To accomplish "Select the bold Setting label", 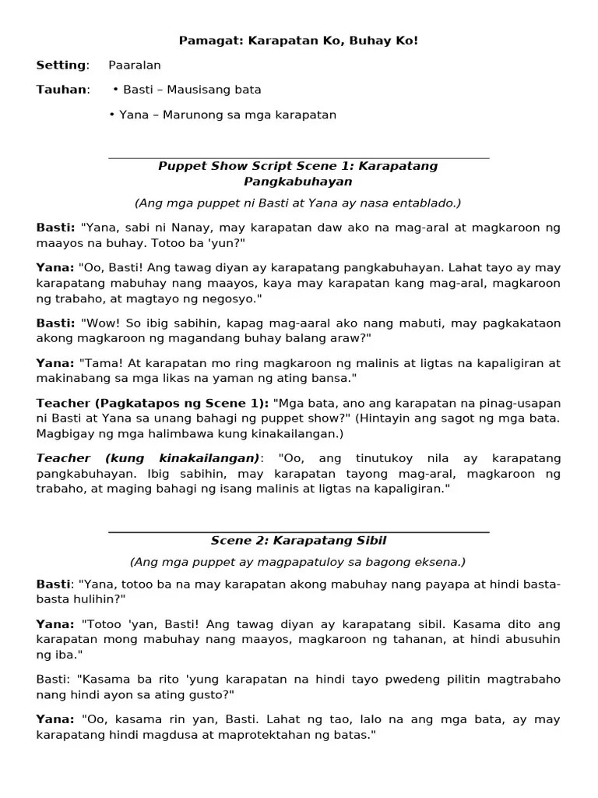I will coord(61,65).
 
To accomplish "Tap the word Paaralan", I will coord(135,65).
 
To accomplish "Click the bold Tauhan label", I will coord(61,90).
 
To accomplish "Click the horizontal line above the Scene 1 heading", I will coord(298,158).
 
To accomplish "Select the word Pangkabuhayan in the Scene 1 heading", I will coord(297,182).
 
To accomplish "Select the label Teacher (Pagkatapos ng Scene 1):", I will coord(152,403).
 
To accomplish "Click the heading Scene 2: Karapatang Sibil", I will coord(298,540).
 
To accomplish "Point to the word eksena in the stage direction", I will coord(438,561).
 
